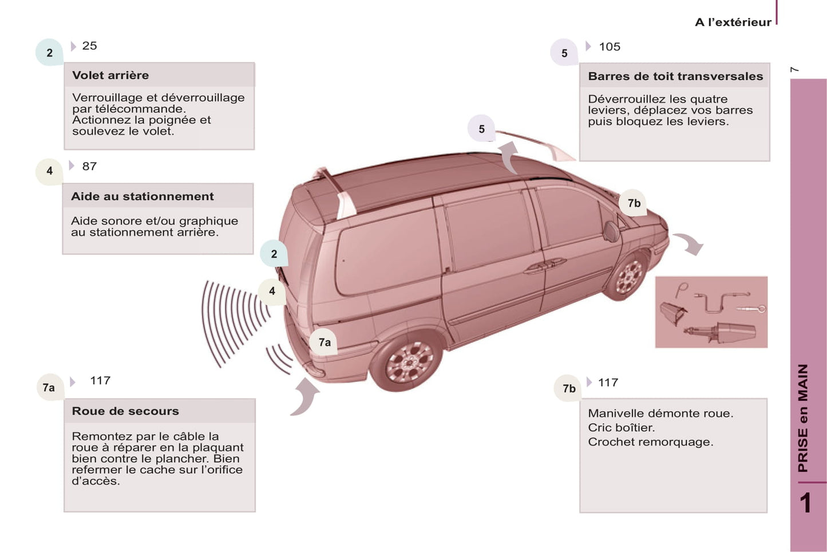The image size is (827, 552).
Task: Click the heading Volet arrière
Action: [110, 75]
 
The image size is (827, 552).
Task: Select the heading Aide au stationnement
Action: [143, 196]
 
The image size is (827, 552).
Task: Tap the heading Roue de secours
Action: [125, 411]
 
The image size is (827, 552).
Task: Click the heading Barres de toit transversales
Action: [675, 76]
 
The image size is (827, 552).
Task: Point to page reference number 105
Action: [610, 47]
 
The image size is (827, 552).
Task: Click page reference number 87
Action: [89, 166]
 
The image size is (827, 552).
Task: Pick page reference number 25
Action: [89, 46]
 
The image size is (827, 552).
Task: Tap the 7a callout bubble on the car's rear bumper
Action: [324, 342]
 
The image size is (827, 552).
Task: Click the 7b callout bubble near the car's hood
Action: [634, 203]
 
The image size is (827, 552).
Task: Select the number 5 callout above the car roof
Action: [481, 129]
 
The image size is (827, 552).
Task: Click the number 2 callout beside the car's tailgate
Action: [274, 254]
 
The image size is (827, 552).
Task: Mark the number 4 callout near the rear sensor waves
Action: [272, 291]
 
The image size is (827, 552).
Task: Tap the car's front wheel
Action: [629, 276]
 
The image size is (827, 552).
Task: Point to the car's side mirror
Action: [611, 231]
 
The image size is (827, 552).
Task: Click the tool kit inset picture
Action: [711, 312]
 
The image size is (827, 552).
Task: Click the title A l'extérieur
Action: [733, 22]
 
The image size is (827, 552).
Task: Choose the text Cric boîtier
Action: [621, 428]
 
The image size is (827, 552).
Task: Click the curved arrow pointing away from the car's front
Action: [689, 243]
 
